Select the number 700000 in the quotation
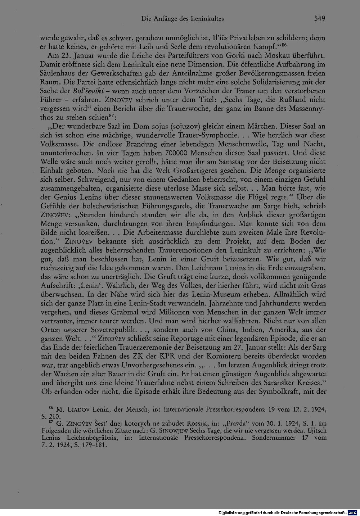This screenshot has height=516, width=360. coord(180,152)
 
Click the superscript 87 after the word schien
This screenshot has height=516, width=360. coord(112,116)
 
